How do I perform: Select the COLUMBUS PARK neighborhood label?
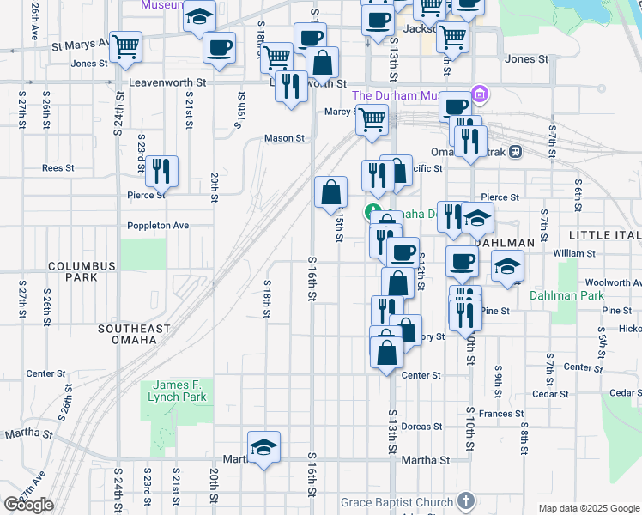pos(82,272)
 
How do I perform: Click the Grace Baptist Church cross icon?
pos(465,500)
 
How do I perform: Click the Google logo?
pos(28,505)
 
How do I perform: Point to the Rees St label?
pos(58,168)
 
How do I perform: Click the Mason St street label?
pos(284,138)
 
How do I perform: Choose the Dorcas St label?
pos(421,427)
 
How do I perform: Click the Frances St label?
pos(501,414)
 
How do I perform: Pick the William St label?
pos(574,254)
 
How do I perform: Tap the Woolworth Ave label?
pos(612,282)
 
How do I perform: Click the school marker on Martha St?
pos(263,446)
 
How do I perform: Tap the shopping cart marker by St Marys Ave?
pos(126,46)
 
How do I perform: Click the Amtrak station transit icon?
pos(515,152)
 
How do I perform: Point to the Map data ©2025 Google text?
pos(588,508)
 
